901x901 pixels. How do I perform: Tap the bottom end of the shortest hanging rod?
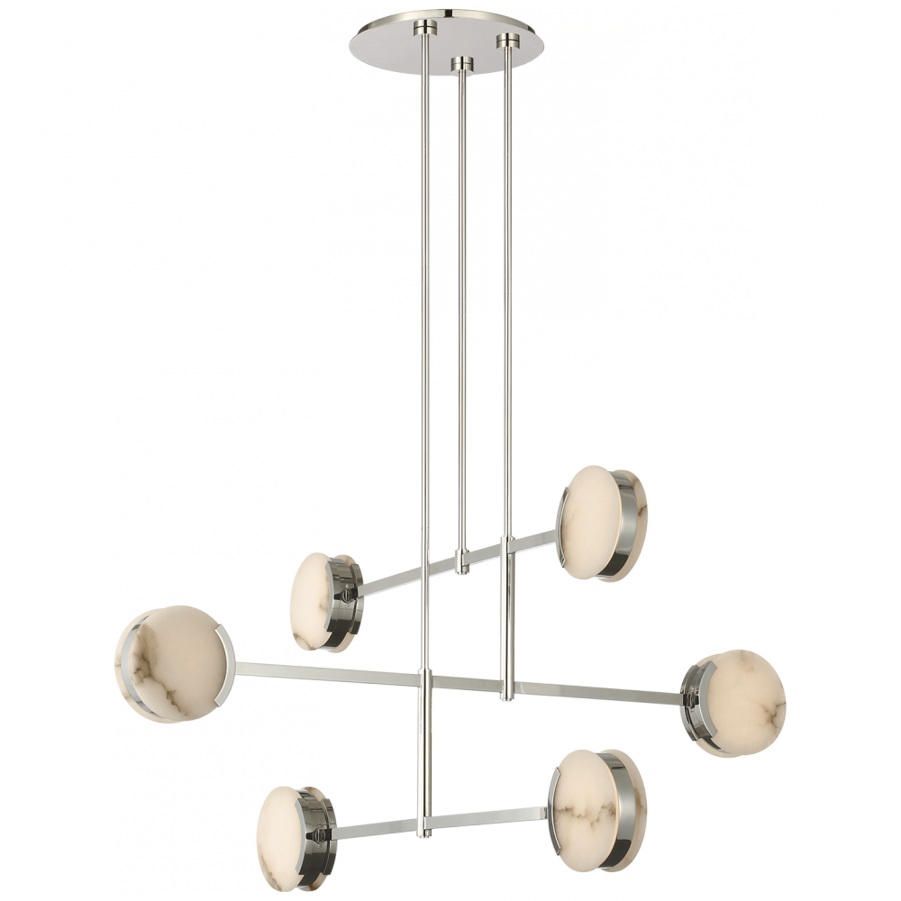462,568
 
